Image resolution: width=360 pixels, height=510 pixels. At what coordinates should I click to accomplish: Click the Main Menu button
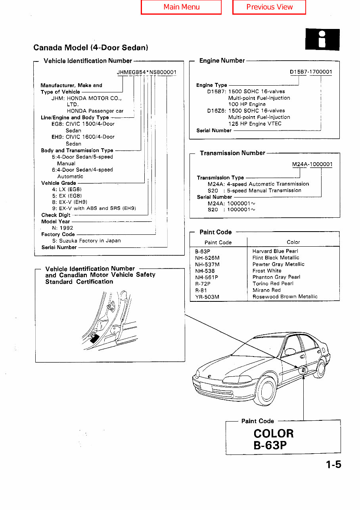(181, 7)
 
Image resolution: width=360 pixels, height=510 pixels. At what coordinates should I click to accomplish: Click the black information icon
(322, 39)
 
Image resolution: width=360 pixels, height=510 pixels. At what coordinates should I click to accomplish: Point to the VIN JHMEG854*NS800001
(147, 72)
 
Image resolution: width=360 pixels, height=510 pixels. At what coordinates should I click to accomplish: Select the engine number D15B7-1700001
(311, 72)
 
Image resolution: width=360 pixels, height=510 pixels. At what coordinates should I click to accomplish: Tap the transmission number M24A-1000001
(312, 164)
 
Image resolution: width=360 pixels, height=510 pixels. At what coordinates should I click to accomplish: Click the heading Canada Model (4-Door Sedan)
(91, 48)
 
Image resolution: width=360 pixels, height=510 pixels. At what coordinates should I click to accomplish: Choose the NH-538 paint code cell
(205, 271)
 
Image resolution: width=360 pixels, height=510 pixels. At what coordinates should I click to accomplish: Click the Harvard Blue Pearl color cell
(275, 251)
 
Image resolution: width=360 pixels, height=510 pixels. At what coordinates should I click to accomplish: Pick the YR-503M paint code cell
(207, 297)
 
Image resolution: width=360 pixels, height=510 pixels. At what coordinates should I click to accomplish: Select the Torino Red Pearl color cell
(273, 284)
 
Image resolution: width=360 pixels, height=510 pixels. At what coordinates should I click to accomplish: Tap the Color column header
(293, 242)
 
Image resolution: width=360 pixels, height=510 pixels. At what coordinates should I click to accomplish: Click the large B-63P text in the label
(270, 445)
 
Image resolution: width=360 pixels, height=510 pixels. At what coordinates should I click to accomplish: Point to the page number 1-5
(333, 464)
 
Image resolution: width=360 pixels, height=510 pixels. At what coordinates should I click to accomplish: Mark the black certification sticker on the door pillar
(94, 338)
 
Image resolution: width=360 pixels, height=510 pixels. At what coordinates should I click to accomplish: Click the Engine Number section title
(222, 61)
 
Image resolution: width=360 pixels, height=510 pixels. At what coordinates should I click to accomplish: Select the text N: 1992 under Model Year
(63, 228)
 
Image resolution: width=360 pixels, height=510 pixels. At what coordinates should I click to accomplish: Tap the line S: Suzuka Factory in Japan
(86, 241)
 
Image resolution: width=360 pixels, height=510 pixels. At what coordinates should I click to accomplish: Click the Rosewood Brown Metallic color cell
(285, 297)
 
